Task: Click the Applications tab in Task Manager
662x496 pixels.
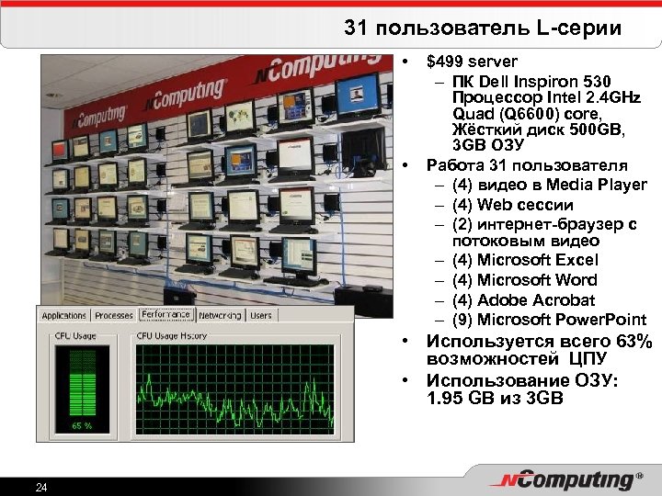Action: tap(64, 316)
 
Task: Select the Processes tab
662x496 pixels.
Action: tap(114, 316)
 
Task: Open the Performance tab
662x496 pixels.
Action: tap(165, 314)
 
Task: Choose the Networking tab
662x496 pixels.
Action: tap(219, 316)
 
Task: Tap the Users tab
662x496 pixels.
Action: tap(261, 316)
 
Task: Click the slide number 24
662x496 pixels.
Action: tap(40, 486)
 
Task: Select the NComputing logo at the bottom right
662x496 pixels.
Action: tap(564, 479)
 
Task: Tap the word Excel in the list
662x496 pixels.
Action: tap(576, 261)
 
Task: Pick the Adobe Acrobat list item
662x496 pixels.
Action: tap(524, 300)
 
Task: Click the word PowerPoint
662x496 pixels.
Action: tap(603, 320)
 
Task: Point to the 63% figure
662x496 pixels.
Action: tap(633, 343)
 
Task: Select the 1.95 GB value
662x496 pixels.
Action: tap(458, 399)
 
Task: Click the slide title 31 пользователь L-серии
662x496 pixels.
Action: tap(483, 28)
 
